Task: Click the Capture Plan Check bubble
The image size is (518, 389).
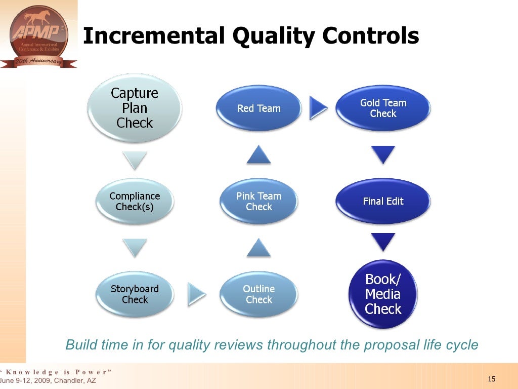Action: click(135, 108)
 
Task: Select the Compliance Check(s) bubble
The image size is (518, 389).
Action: click(135, 201)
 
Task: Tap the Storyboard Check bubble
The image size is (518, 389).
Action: click(135, 294)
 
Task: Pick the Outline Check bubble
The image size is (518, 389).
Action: click(258, 294)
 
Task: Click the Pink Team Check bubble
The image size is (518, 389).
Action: click(258, 201)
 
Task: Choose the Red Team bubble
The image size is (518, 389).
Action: click(258, 108)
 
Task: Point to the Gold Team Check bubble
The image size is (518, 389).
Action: click(383, 108)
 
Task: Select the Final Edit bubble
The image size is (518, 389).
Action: click(383, 201)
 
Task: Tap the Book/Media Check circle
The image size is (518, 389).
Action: click(383, 294)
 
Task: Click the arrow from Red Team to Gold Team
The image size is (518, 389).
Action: click(319, 107)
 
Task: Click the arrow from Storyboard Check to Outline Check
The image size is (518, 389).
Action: click(197, 294)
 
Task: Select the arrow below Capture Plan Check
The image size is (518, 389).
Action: click(135, 160)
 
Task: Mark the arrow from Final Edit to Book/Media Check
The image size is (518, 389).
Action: click(383, 242)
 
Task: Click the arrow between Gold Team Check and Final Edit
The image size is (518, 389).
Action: click(383, 154)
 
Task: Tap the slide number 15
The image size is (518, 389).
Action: click(491, 380)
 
